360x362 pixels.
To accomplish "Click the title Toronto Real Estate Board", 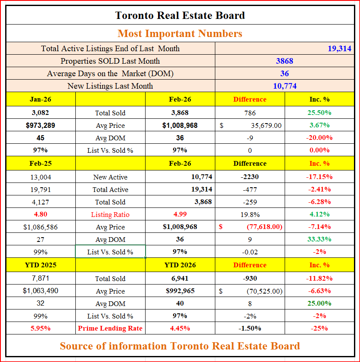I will point(180,16).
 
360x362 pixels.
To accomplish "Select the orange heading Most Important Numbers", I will point(180,34).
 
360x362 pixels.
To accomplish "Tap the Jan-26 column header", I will point(40,99).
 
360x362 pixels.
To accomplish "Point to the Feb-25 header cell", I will point(40,164).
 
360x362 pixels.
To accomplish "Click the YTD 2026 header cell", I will point(180,265).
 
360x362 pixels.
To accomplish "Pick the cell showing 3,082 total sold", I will point(40,113).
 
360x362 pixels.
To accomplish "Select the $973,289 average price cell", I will point(40,126).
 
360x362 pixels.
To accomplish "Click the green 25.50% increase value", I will point(319,113).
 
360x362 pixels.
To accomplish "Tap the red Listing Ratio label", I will point(110,215).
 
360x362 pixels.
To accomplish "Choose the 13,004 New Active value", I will point(40,177).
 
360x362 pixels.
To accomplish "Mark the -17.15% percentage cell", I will point(319,177).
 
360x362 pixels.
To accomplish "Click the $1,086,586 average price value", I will point(40,227).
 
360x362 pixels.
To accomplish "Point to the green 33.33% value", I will point(319,239).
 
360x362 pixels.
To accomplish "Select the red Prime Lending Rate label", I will point(110,328).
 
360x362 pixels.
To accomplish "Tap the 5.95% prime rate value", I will point(40,328).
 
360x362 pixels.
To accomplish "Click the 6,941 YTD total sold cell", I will point(180,278).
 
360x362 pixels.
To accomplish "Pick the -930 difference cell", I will point(250,278).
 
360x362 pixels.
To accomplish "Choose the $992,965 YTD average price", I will point(180,291).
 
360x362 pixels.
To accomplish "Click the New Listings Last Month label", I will point(110,86).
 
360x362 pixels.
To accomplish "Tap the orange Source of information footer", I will point(180,346).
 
